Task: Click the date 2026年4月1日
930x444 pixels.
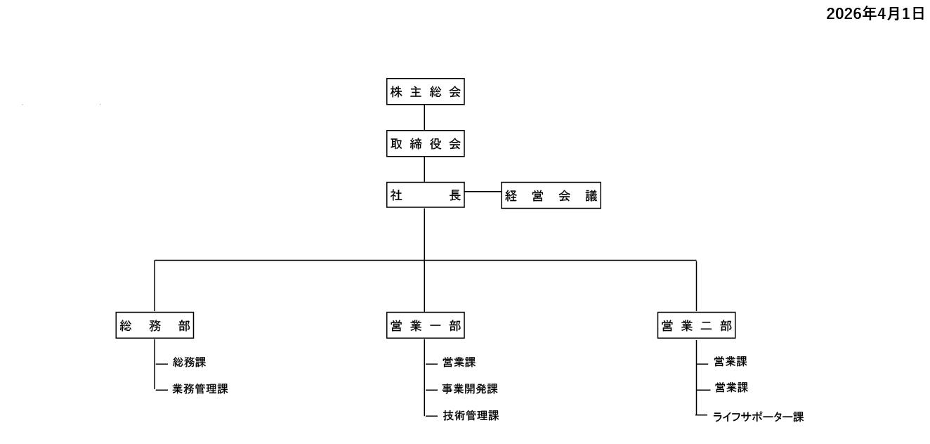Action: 875,14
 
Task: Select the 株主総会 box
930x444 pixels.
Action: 425,91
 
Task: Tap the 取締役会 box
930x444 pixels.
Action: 425,145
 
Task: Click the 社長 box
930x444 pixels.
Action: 425,196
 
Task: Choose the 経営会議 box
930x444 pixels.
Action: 551,197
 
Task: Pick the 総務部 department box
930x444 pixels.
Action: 155,326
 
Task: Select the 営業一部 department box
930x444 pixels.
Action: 425,326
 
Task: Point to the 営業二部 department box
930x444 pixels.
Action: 696,326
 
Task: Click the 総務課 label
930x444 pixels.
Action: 189,363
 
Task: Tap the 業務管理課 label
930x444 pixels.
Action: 200,388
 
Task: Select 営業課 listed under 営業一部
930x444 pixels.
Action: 459,363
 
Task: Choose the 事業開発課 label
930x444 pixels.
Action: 470,388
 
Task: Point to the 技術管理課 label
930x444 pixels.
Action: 470,415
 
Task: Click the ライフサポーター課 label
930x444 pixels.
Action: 758,417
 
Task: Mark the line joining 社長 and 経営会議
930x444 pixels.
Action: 483,191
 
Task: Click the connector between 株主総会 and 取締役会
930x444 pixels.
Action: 424,118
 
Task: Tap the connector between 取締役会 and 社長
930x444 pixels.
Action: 424,170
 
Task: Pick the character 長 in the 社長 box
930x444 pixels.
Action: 455,196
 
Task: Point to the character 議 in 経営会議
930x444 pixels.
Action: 591,197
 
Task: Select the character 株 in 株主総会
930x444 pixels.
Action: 396,91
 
